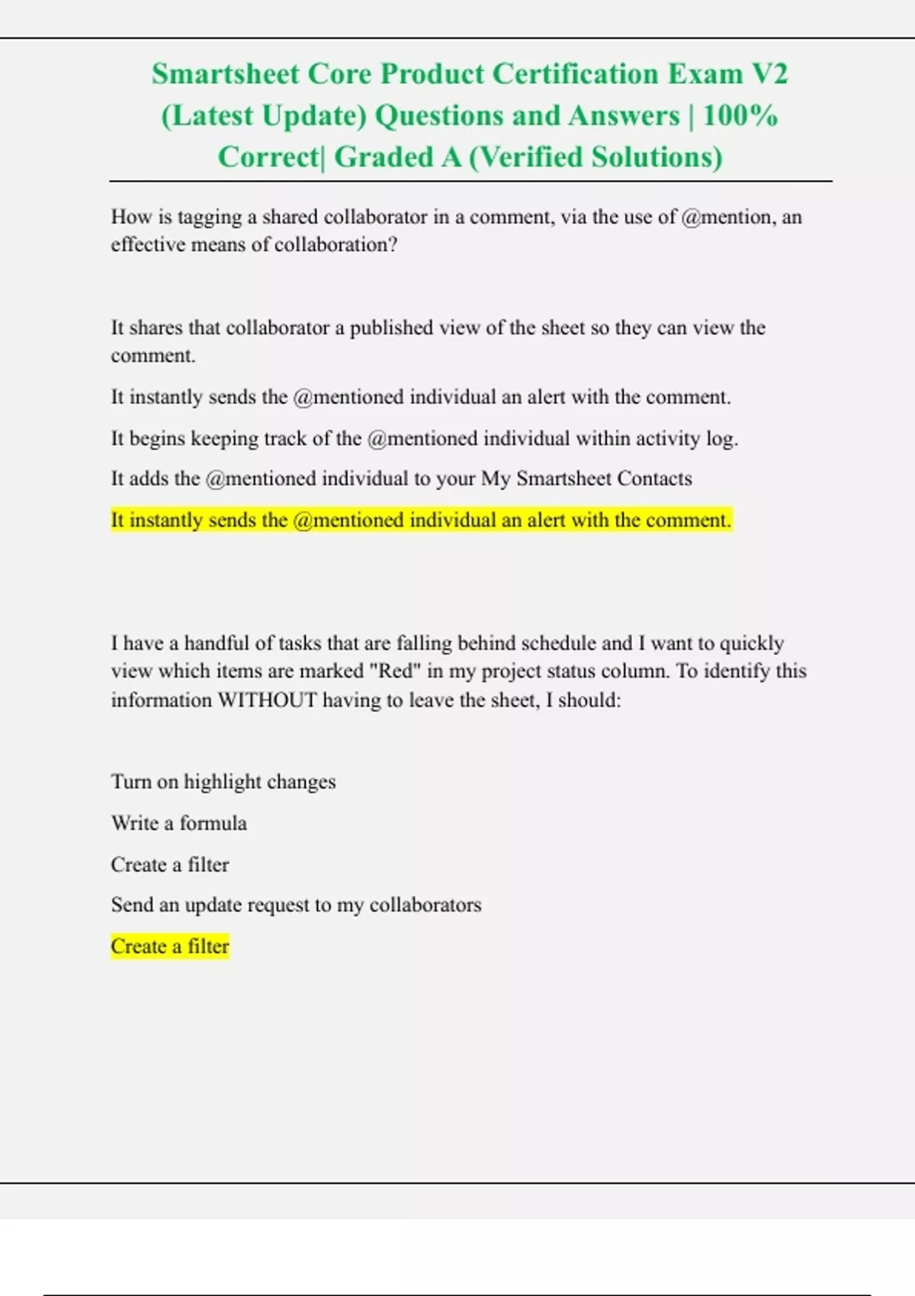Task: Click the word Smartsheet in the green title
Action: tap(225, 74)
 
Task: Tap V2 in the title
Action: tap(769, 74)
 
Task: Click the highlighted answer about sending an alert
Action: tap(421, 520)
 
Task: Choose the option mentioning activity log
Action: tap(424, 438)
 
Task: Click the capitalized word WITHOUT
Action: tap(267, 700)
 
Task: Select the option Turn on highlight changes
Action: tap(223, 782)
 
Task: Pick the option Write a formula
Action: tap(178, 823)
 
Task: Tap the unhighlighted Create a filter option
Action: tap(169, 865)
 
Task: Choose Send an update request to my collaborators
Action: tap(296, 905)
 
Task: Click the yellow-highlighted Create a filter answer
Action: tap(169, 947)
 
